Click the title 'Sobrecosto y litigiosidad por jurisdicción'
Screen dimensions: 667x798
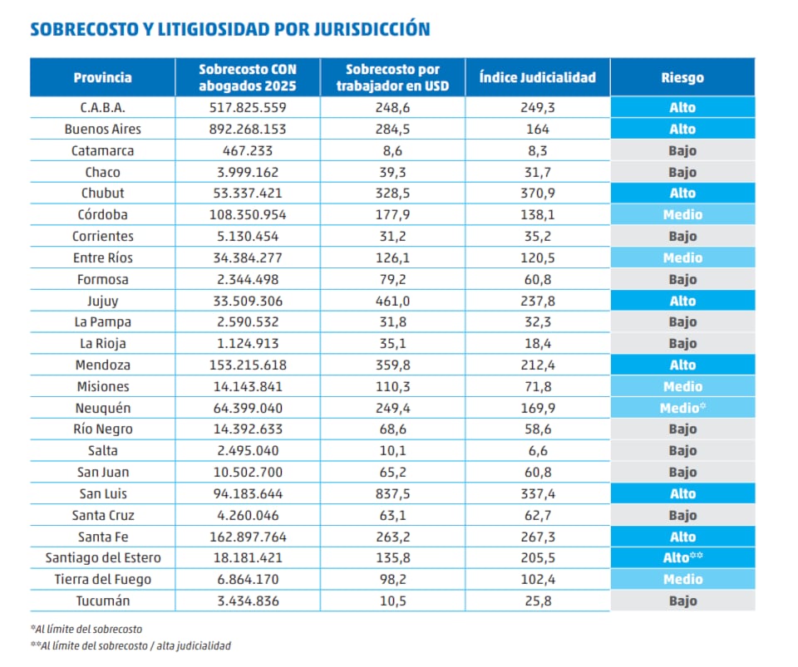point(230,30)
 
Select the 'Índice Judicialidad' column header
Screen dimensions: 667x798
point(537,77)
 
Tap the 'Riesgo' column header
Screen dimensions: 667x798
point(682,77)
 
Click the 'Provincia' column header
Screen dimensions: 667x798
point(102,77)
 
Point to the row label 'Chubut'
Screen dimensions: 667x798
point(102,194)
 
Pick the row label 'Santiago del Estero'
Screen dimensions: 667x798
point(102,558)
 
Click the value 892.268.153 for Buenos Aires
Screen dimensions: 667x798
point(247,129)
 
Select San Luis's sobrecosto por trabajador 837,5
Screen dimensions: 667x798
point(392,493)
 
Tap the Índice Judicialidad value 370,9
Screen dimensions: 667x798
point(537,194)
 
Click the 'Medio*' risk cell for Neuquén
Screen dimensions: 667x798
point(682,408)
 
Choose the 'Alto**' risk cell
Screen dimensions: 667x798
point(682,558)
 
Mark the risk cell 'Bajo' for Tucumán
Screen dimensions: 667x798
point(682,601)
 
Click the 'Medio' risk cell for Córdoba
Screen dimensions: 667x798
point(682,215)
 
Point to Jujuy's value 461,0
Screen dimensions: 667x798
point(392,301)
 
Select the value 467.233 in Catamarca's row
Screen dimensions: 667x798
point(247,150)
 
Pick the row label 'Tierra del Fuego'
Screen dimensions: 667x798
point(102,579)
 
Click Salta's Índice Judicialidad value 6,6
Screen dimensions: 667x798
point(537,451)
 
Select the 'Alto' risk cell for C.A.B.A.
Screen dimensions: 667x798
point(682,108)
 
